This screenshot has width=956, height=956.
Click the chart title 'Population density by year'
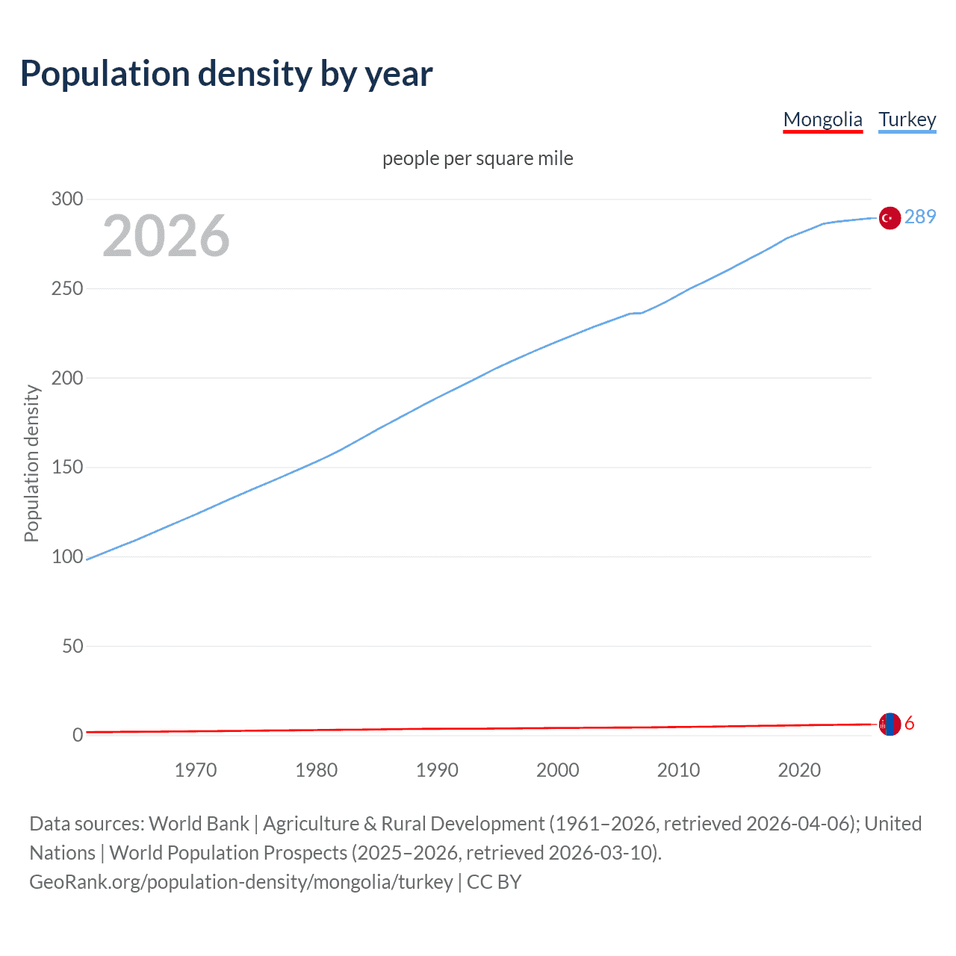(x=226, y=74)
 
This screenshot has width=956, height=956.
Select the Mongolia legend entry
(x=822, y=119)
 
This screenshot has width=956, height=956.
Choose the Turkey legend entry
(x=907, y=119)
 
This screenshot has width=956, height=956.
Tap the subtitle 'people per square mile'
(x=477, y=159)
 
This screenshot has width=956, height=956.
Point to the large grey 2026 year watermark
(x=166, y=236)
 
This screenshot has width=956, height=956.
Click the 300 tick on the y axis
(x=67, y=199)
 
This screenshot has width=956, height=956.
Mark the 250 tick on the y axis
(x=67, y=289)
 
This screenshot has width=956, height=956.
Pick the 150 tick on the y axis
(x=67, y=468)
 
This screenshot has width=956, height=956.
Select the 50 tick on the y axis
(x=72, y=646)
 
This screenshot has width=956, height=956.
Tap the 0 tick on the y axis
(x=78, y=736)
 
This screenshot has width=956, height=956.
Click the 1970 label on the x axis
(x=196, y=770)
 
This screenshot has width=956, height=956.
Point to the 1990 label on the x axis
(x=437, y=770)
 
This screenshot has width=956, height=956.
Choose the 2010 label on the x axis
(x=678, y=770)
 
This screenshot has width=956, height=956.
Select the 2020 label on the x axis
(x=799, y=770)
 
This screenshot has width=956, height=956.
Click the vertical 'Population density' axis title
(x=31, y=463)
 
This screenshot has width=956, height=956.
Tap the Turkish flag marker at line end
(x=889, y=218)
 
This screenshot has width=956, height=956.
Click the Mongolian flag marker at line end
(x=889, y=724)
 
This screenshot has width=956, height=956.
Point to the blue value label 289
(x=919, y=217)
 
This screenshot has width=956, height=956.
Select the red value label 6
(x=909, y=724)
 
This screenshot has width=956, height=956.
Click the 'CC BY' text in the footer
(x=494, y=882)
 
